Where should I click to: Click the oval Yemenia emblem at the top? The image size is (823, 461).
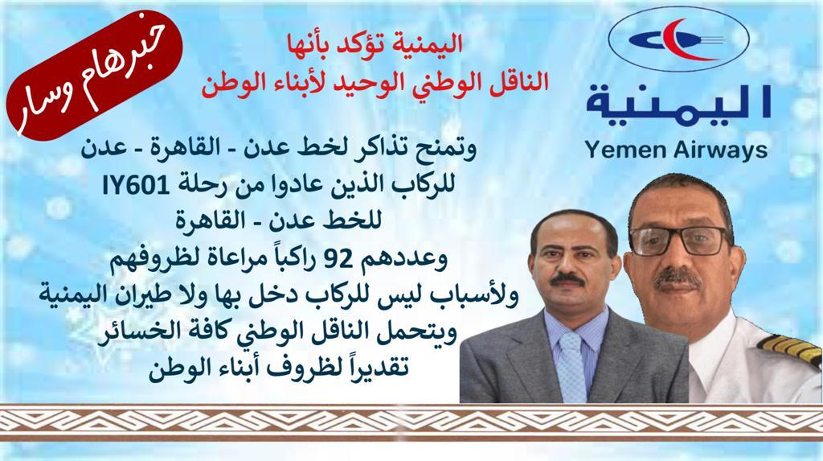[x=678, y=39]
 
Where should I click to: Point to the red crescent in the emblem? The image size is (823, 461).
[x=681, y=39]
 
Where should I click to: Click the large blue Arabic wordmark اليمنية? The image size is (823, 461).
[x=678, y=102]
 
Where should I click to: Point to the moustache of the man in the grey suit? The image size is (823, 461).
[x=567, y=278]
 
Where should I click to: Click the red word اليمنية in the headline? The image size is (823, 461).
[x=431, y=44]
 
